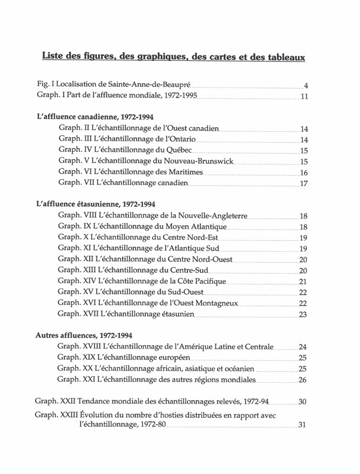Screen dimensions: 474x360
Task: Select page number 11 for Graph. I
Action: (304, 96)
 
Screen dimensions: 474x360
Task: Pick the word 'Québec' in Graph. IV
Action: (179, 150)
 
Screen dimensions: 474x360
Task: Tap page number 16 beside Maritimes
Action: (304, 172)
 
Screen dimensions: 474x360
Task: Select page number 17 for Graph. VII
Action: (304, 183)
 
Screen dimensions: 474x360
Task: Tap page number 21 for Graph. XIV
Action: (303, 281)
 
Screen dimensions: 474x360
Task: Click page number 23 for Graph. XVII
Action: (303, 314)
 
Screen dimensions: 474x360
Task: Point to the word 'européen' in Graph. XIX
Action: (172, 358)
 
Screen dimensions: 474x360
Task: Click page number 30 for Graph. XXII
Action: (302, 402)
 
